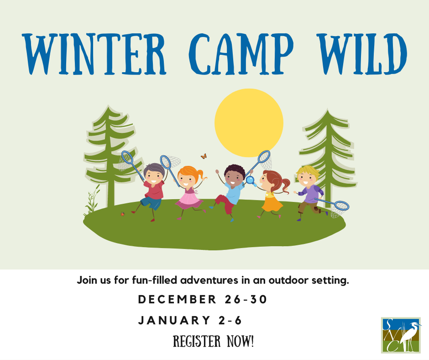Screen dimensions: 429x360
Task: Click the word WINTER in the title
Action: pyautogui.click(x=94, y=54)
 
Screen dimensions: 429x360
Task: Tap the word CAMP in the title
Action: pyautogui.click(x=241, y=54)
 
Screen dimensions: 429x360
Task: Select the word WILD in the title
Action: pyautogui.click(x=363, y=54)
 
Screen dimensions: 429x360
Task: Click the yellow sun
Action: pyautogui.click(x=249, y=123)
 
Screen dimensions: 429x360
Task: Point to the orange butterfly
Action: pyautogui.click(x=204, y=156)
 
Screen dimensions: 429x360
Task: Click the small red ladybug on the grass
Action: pyautogui.click(x=123, y=214)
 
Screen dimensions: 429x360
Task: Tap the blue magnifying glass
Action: pyautogui.click(x=251, y=181)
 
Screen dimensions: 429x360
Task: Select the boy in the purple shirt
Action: pyautogui.click(x=310, y=192)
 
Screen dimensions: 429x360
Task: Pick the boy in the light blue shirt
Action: pyautogui.click(x=231, y=192)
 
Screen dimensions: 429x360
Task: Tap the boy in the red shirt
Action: pyautogui.click(x=152, y=192)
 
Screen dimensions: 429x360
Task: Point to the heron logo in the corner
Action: pyautogui.click(x=401, y=335)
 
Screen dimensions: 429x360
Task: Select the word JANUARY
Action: pyautogui.click(x=174, y=320)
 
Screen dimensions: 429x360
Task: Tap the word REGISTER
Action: pyautogui.click(x=197, y=341)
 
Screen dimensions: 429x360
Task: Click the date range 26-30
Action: pyautogui.click(x=246, y=299)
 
